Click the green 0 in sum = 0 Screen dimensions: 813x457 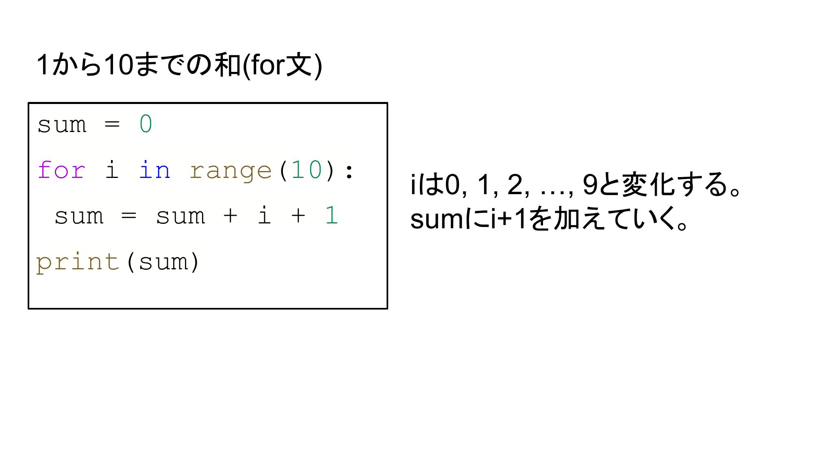(146, 124)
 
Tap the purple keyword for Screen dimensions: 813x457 (61, 170)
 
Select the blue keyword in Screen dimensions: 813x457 (154, 170)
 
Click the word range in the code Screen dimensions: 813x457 (230, 171)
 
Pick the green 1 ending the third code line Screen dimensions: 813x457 (331, 215)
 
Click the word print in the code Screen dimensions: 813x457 (78, 262)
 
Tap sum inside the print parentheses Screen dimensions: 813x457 (163, 262)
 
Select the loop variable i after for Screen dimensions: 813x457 (112, 170)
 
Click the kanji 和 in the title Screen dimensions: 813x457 (228, 65)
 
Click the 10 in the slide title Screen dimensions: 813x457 (118, 65)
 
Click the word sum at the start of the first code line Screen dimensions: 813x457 (62, 125)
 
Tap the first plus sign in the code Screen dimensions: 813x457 (230, 215)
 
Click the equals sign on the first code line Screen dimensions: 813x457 (112, 124)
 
